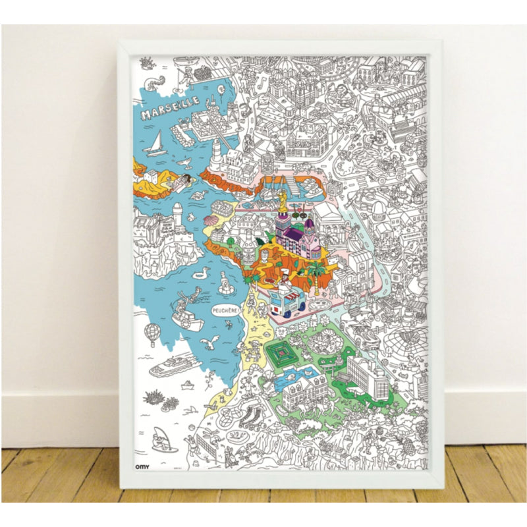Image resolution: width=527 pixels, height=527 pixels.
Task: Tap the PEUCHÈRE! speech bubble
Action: click(x=225, y=310)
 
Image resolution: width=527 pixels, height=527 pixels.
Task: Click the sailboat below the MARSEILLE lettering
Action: click(x=157, y=143)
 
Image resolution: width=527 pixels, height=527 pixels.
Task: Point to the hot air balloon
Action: click(x=152, y=333)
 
